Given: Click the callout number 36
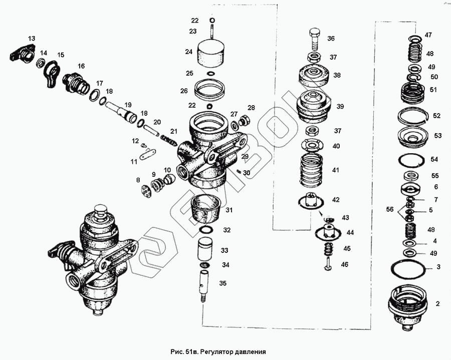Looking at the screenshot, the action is click(331, 39).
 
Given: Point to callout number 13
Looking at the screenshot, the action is click(32, 39).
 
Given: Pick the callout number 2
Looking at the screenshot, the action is click(437, 303).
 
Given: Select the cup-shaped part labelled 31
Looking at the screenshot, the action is click(204, 209).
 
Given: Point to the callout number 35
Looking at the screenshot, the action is click(223, 283).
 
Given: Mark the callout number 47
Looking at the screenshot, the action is click(428, 35).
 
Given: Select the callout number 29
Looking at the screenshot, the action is click(245, 157).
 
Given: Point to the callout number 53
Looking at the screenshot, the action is click(437, 136).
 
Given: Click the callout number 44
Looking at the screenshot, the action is click(350, 233).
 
